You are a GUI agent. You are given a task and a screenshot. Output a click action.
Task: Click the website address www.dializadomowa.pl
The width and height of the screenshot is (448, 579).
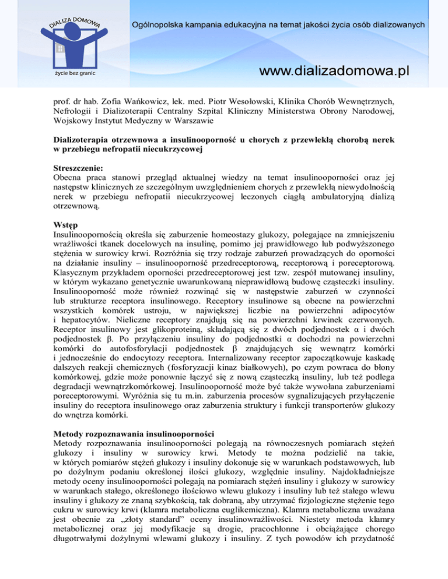(334, 71)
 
